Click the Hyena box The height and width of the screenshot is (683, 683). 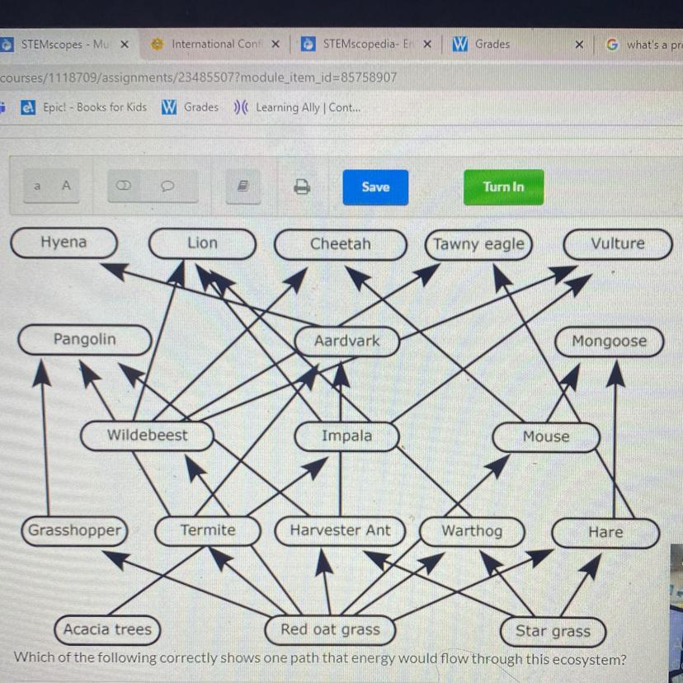coord(64,243)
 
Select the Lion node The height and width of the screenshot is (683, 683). coord(202,243)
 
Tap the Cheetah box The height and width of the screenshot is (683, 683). coord(340,244)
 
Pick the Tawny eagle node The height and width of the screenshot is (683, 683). coord(478,244)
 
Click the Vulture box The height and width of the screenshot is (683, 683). coord(617,244)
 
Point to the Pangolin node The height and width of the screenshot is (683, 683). coord(84,340)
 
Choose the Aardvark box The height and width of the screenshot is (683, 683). coord(346,341)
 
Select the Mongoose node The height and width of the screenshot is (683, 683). coord(609,341)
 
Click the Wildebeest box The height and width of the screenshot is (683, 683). coord(147,436)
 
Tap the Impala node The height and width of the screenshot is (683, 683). coord(346,436)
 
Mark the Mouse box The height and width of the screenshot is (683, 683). coord(545,437)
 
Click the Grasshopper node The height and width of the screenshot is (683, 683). coord(74,530)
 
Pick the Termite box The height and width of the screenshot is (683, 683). coord(208,531)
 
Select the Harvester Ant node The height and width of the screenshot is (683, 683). coord(340,531)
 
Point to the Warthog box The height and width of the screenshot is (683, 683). coord(471,532)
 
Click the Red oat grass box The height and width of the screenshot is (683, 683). coord(330,630)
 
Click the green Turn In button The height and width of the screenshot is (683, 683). coord(503,187)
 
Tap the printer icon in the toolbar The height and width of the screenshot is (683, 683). coord(302,187)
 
